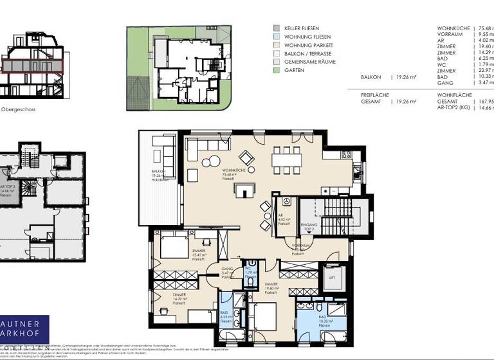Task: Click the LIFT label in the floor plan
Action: (333, 278)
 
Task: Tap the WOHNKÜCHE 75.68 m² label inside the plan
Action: (231, 177)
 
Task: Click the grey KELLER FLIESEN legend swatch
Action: (276, 28)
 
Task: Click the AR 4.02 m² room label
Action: (283, 221)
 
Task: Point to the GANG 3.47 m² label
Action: (227, 271)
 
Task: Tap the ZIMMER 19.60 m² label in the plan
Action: (270, 287)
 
